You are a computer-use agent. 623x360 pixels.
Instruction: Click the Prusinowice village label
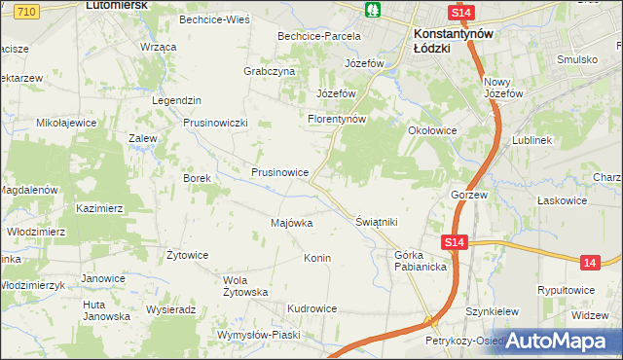pyautogui.click(x=279, y=172)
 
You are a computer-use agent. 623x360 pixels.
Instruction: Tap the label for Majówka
pyautogui.click(x=291, y=223)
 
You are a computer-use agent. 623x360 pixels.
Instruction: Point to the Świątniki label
pyautogui.click(x=378, y=222)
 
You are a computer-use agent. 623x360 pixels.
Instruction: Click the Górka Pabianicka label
pyautogui.click(x=421, y=260)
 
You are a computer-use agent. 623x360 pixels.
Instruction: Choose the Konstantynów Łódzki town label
pyautogui.click(x=449, y=38)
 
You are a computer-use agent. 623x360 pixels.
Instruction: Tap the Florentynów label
pyautogui.click(x=336, y=120)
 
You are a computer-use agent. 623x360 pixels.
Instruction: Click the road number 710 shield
pyautogui.click(x=26, y=10)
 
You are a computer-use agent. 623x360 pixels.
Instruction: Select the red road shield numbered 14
pyautogui.click(x=589, y=262)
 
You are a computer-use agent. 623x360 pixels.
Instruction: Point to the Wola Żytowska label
pyautogui.click(x=245, y=286)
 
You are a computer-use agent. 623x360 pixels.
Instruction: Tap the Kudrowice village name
pyautogui.click(x=311, y=308)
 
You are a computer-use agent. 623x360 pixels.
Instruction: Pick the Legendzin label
pyautogui.click(x=176, y=100)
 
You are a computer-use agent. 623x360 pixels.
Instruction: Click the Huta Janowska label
pyautogui.click(x=106, y=309)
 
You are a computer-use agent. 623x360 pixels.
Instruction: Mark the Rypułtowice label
pyautogui.click(x=568, y=290)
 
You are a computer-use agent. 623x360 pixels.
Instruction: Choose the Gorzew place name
pyautogui.click(x=468, y=195)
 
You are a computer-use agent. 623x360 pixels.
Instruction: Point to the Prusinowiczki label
pyautogui.click(x=217, y=123)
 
